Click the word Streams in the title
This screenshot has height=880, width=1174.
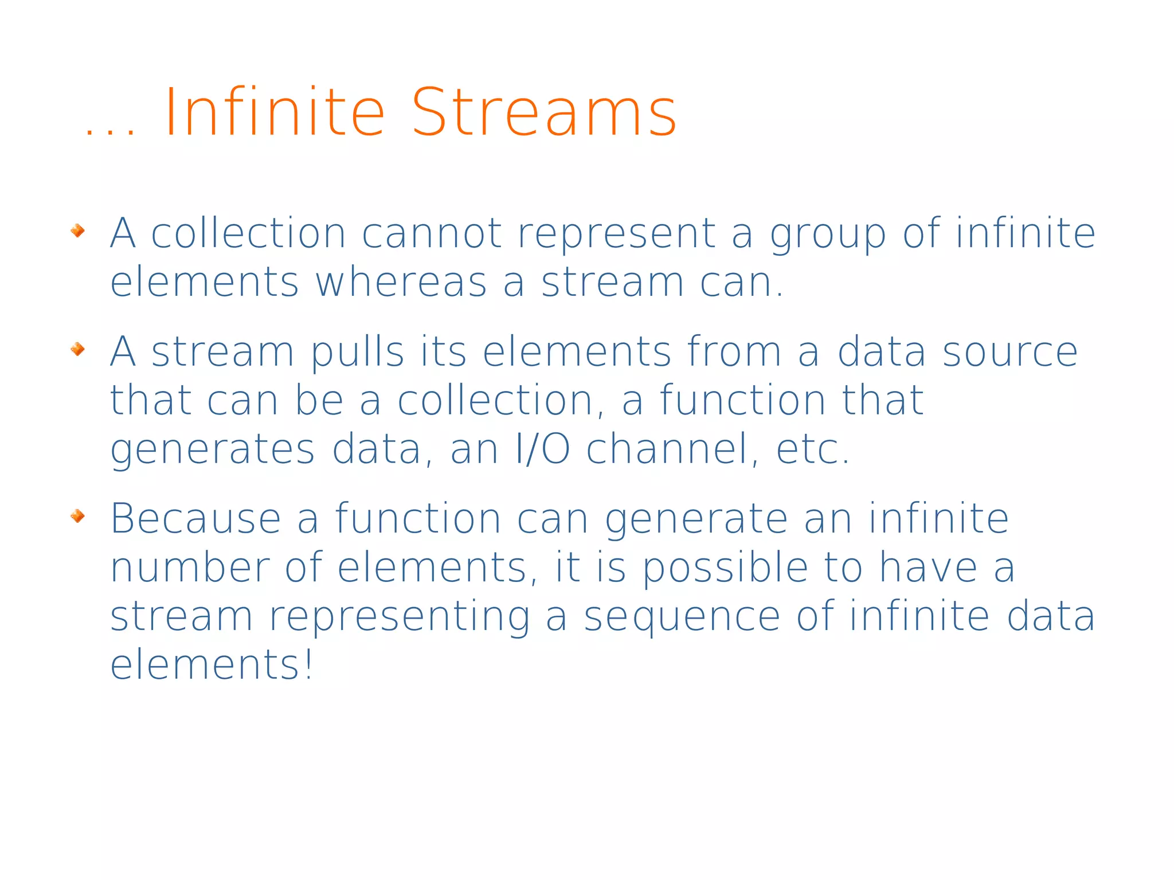544,112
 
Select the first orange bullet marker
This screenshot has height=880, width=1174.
77,231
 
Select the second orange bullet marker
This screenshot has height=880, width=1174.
77,349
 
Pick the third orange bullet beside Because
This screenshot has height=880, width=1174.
77,517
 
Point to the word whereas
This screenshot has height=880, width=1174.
401,283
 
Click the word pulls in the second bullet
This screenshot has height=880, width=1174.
358,352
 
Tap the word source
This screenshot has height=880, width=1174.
1009,352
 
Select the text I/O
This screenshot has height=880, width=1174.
542,449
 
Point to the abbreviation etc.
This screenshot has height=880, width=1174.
812,449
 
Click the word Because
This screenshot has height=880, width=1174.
195,519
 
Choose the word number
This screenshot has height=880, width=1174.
189,568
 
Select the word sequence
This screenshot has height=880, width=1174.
682,617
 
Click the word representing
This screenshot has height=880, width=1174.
400,617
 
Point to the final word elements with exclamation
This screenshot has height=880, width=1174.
212,665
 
